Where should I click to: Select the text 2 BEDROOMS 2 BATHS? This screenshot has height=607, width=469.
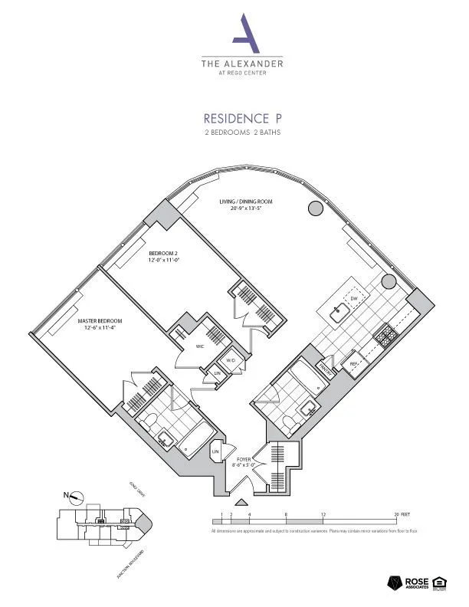coord(242,133)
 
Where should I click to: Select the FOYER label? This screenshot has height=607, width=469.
coord(243,460)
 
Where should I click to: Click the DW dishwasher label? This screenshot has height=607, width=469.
coord(354,298)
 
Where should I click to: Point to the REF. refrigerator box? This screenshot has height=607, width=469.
coord(355,364)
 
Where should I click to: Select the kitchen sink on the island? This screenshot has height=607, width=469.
coord(338,312)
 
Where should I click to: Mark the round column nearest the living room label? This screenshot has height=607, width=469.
coord(314,208)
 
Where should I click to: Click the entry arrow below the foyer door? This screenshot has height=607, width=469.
coord(241,503)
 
